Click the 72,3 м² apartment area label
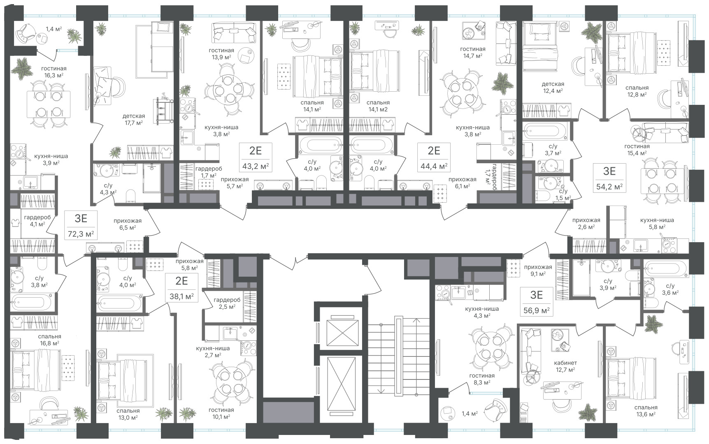(81, 234)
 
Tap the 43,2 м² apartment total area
(256, 166)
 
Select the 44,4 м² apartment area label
(434, 166)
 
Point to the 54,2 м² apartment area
(609, 186)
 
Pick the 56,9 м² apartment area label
(537, 310)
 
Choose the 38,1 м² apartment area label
(181, 296)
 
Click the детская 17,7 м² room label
(134, 119)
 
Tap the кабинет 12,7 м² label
(565, 366)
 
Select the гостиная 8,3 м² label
(482, 379)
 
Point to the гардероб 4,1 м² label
(35, 221)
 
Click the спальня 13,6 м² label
(646, 411)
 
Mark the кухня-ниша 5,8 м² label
(653, 224)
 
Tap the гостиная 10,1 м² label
(221, 413)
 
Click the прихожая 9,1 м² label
(538, 270)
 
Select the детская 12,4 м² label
(553, 87)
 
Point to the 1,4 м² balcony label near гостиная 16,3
(53, 29)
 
